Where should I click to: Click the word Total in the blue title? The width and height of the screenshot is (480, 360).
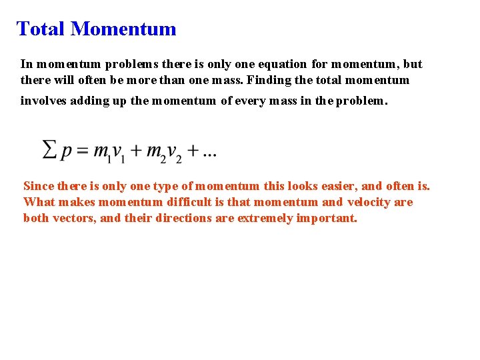pyautogui.click(x=40, y=29)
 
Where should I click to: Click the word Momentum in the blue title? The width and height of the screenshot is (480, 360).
pyautogui.click(x=123, y=29)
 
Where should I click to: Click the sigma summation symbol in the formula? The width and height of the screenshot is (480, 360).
pyautogui.click(x=49, y=149)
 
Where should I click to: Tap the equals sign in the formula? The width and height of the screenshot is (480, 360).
pyautogui.click(x=81, y=151)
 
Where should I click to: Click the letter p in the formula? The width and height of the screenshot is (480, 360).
pyautogui.click(x=66, y=153)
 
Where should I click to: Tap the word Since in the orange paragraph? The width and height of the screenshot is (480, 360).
pyautogui.click(x=39, y=186)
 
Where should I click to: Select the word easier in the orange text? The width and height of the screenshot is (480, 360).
pyautogui.click(x=337, y=186)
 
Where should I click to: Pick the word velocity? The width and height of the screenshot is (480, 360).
pyautogui.click(x=371, y=202)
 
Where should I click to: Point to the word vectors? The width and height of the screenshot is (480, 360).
pyautogui.click(x=73, y=218)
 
